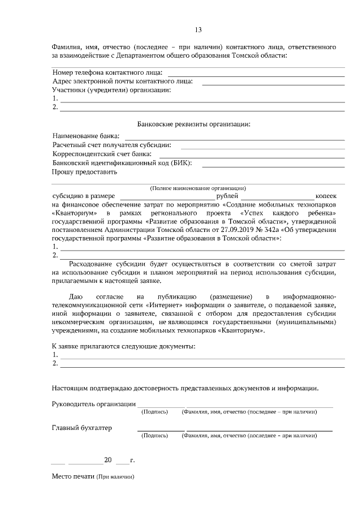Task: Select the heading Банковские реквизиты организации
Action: [x=194, y=124]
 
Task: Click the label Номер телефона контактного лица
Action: [x=107, y=72]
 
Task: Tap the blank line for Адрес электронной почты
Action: [x=273, y=82]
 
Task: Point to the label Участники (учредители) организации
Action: [x=111, y=90]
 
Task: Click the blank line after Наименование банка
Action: [x=234, y=137]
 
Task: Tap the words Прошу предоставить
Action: [x=84, y=172]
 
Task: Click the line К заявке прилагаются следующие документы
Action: [x=123, y=346]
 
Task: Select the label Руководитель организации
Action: [x=93, y=404]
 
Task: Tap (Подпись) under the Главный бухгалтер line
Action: [x=154, y=436]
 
